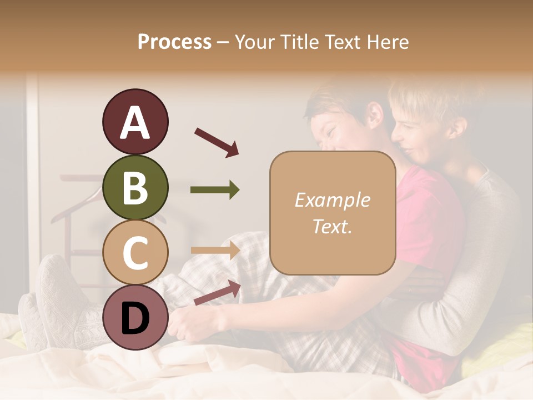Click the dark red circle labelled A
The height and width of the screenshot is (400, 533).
[x=135, y=122]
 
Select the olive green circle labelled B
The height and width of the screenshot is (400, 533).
[x=135, y=187]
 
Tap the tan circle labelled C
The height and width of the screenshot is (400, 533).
[x=135, y=253]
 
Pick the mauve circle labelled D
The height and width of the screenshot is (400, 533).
[x=135, y=318]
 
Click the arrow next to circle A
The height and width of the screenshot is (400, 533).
[x=217, y=142]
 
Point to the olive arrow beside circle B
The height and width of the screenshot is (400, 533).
[x=215, y=190]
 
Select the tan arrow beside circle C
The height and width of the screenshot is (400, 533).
[x=215, y=251]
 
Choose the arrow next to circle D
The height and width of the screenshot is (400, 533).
[x=217, y=292]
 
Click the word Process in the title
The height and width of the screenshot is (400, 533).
[x=174, y=42]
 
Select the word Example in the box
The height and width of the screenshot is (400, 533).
[x=332, y=200]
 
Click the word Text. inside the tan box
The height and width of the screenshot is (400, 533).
[x=332, y=226]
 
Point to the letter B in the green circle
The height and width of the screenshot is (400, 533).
[x=135, y=187]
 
